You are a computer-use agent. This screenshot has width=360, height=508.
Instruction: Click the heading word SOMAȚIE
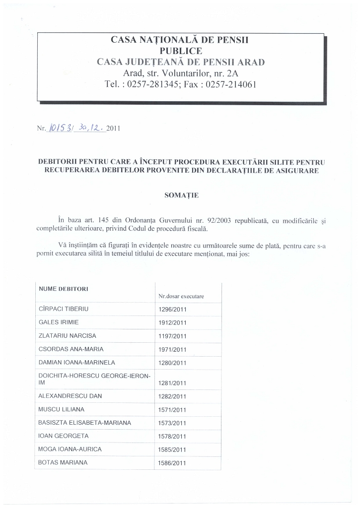tap(181, 195)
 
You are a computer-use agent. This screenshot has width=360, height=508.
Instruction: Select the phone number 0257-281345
tap(152, 84)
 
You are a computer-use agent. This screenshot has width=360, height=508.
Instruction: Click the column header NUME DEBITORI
tap(60, 288)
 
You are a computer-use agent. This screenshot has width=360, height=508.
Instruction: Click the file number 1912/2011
tap(172, 322)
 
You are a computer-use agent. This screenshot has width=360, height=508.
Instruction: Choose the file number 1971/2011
tap(172, 349)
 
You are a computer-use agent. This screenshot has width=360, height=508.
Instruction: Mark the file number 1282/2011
tap(172, 396)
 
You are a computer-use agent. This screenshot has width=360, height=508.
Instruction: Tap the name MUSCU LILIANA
tap(61, 409)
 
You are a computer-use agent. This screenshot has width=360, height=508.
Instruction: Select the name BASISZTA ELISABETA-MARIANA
tap(84, 423)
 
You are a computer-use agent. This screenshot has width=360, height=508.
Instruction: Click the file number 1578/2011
tap(172, 437)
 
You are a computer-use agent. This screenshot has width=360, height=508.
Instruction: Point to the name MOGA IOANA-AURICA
tap(70, 449)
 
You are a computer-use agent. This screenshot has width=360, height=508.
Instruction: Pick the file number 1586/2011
tap(172, 463)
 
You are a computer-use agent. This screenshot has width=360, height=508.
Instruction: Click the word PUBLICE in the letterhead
tap(181, 51)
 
